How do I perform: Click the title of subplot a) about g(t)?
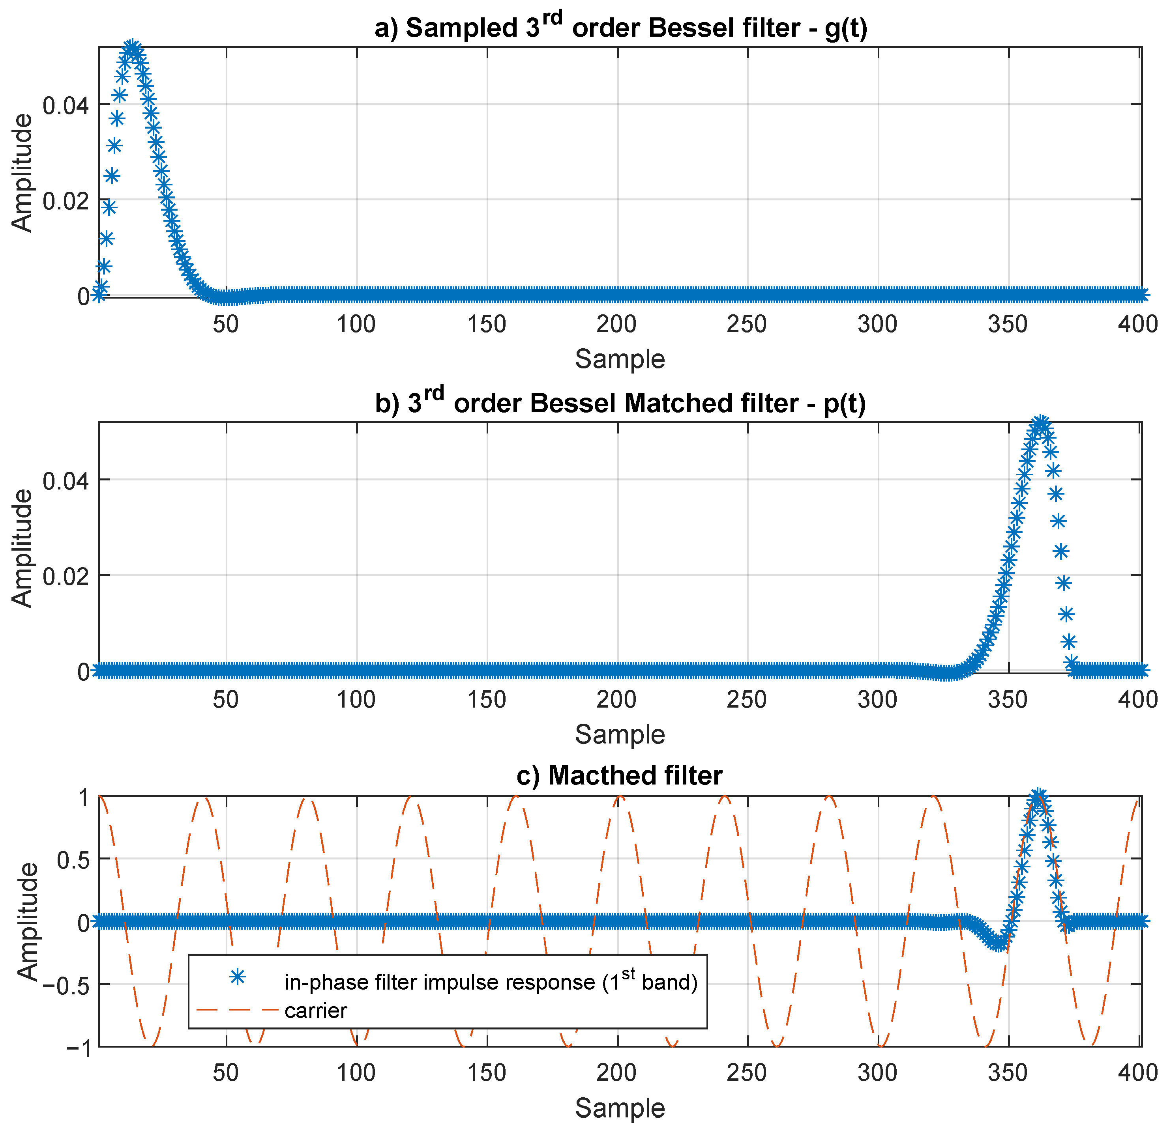[620, 28]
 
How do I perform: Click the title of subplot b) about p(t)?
[620, 403]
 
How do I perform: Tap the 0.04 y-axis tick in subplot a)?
[66, 106]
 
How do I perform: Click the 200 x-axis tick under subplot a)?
[617, 324]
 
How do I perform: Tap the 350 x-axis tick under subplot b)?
[1008, 699]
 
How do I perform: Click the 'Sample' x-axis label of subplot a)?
[620, 359]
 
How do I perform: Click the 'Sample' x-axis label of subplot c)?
[620, 1108]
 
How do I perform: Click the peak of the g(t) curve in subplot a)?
[132, 48]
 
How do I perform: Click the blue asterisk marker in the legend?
[237, 977]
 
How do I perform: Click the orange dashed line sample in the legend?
[237, 1011]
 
